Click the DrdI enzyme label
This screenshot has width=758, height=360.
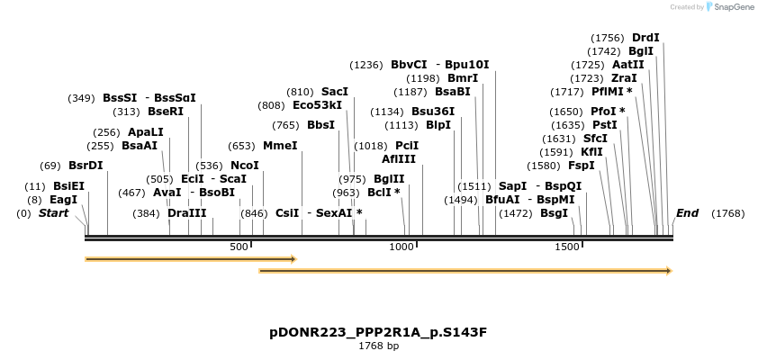[x=645, y=38]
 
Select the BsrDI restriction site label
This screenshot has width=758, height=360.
[x=86, y=166]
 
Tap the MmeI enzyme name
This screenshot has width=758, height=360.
[x=280, y=146]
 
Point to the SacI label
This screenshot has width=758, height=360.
[x=334, y=92]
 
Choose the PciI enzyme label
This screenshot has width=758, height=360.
[x=407, y=146]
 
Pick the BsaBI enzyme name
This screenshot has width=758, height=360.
[x=452, y=92]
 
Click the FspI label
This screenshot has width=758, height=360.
[x=581, y=166]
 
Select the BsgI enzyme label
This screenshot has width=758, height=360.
[x=554, y=213]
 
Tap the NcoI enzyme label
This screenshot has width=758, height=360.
[x=244, y=166]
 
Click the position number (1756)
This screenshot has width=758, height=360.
[x=607, y=38]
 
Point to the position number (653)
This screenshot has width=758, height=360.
[x=241, y=146]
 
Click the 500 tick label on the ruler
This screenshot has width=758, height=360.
[x=239, y=247]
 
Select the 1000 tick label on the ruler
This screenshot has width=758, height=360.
[x=402, y=247]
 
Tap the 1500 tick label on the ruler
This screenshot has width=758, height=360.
[x=566, y=247]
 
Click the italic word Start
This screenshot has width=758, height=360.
[x=53, y=213]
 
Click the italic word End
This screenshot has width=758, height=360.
[x=687, y=213]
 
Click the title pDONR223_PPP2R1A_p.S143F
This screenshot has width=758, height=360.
[x=378, y=332]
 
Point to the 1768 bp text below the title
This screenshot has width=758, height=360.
[x=378, y=346]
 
